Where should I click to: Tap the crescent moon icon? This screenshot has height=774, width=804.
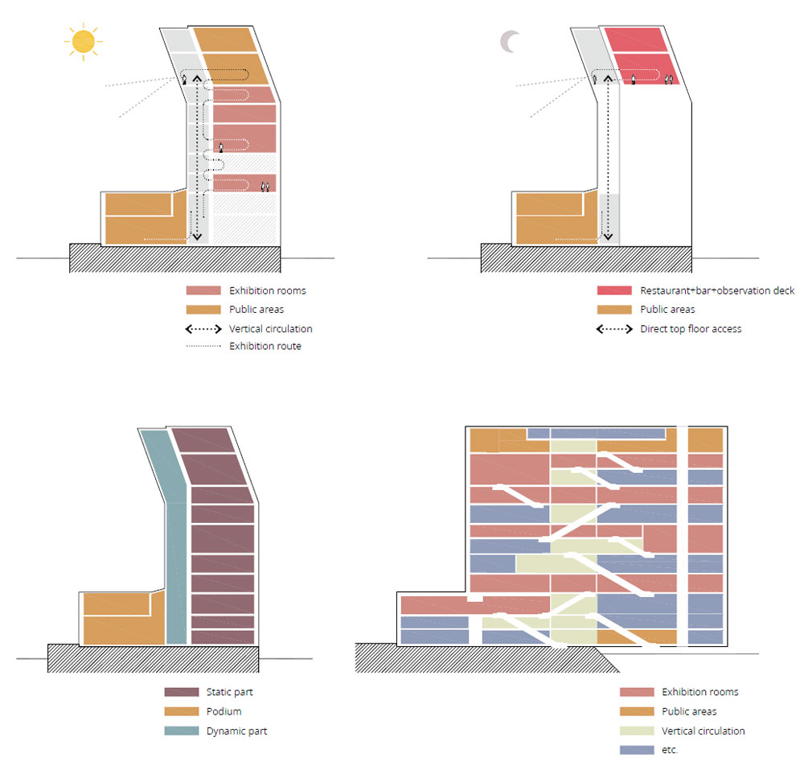tap(510, 42)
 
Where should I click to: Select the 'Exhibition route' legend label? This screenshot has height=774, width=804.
tap(265, 347)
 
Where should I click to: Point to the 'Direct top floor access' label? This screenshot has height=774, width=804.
tap(691, 329)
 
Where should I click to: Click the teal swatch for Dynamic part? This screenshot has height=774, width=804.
tap(181, 731)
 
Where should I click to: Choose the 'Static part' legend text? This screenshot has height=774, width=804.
tap(229, 693)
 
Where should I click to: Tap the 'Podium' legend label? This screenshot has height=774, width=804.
tap(224, 712)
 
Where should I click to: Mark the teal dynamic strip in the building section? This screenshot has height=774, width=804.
tap(175, 563)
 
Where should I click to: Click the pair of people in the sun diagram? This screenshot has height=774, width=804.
tap(265, 187)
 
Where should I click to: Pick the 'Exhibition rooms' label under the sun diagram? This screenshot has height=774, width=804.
tap(268, 290)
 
